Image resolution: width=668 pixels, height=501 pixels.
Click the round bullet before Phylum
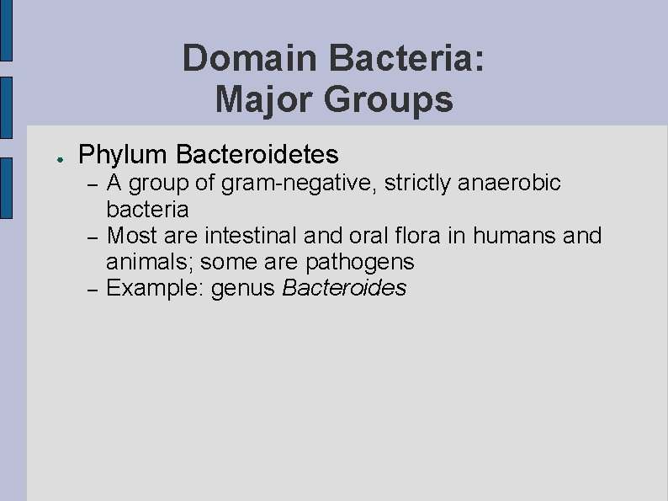[x=51, y=157]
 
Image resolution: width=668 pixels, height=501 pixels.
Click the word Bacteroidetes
[x=257, y=154]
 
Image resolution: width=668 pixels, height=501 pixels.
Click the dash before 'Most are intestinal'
[x=94, y=236]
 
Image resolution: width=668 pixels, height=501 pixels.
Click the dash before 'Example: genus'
[x=94, y=289]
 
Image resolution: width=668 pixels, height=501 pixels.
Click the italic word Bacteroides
[x=344, y=288]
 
